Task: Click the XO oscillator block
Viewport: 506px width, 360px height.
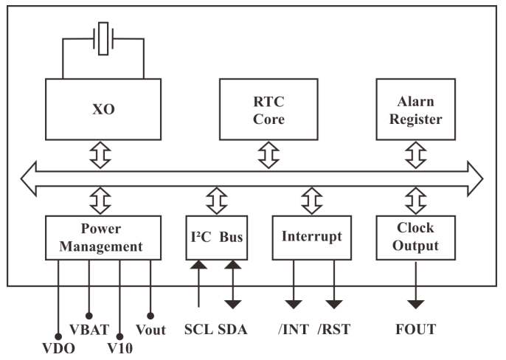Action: tap(103, 110)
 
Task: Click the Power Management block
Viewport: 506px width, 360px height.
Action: tap(103, 238)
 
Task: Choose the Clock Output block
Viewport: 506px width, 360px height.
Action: tap(417, 238)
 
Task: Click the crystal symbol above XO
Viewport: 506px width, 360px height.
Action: tap(103, 38)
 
